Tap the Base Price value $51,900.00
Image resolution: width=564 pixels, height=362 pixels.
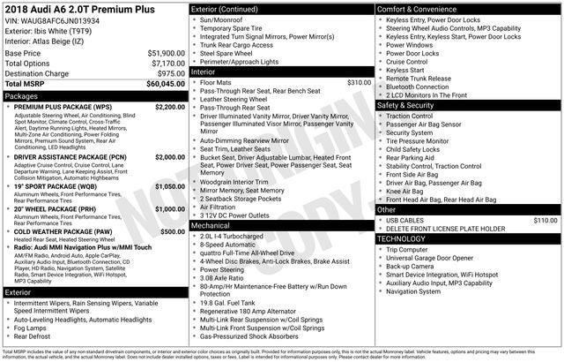point(166,53)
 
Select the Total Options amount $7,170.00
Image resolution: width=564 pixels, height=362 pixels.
point(167,64)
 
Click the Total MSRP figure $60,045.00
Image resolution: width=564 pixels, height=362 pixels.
point(166,85)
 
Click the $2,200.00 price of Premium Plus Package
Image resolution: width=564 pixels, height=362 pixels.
point(169,107)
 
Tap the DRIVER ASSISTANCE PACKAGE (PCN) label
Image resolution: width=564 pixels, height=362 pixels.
point(70,156)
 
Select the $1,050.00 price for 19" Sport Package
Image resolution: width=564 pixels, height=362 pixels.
point(169,187)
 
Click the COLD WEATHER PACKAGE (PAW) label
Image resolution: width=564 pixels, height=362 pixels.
point(63,231)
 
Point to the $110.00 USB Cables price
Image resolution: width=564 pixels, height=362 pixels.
point(545,220)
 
